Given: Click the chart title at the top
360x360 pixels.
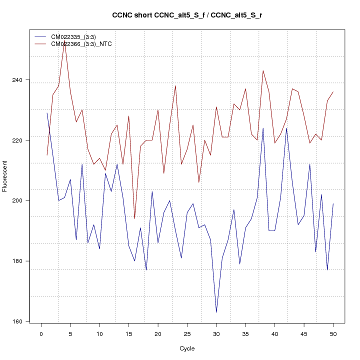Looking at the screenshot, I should pos(187,15).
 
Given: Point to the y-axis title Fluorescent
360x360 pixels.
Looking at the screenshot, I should pos(5,176).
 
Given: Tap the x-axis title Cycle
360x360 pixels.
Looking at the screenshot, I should pos(187,348).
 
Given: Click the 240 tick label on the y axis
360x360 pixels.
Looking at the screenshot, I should pos(23,80).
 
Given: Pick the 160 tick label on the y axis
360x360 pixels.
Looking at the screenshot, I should pos(23,321).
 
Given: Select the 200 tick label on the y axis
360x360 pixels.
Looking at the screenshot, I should pos(23,200).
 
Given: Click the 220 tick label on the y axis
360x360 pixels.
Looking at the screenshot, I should pos(23,140).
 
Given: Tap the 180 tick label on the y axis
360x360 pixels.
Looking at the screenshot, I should pos(23,261).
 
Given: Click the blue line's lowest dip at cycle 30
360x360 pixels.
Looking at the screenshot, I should pos(216,312).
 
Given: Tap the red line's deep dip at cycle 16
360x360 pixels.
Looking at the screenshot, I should pos(134,218).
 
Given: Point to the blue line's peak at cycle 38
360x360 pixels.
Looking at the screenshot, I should pos(263,128).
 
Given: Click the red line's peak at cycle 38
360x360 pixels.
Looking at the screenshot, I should pos(263,70).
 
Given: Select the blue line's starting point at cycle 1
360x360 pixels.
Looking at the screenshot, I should pos(47,113).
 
